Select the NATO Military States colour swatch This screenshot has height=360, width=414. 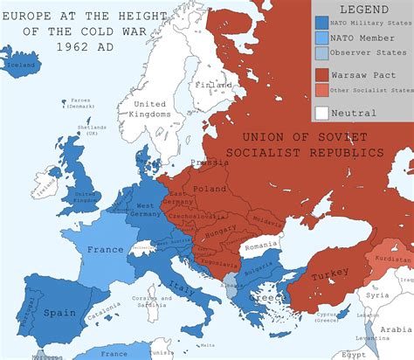(321, 23)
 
